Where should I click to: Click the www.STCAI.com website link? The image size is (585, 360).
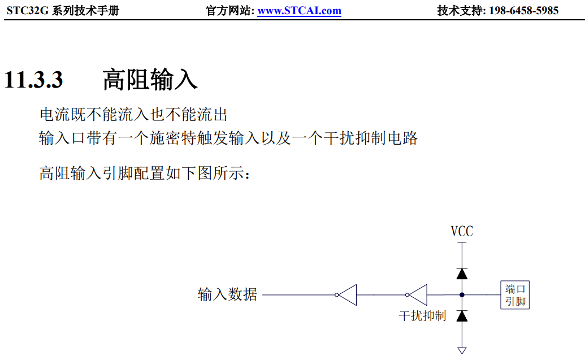click(x=299, y=11)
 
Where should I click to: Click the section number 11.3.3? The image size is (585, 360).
click(x=33, y=80)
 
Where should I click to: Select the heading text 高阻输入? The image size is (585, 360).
click(x=150, y=80)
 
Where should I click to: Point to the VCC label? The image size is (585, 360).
click(x=462, y=231)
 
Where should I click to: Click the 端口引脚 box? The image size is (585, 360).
click(x=515, y=295)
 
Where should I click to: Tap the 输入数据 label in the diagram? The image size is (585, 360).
click(x=227, y=294)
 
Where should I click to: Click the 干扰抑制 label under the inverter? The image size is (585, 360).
click(x=422, y=315)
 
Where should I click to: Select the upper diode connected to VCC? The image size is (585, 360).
click(x=462, y=274)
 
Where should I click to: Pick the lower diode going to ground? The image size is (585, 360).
click(x=462, y=316)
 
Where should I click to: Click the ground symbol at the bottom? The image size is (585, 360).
click(x=462, y=350)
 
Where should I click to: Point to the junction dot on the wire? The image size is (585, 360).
click(x=462, y=295)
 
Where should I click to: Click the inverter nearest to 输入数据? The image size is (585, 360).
click(x=346, y=295)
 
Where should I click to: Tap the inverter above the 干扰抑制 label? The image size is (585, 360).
click(x=417, y=295)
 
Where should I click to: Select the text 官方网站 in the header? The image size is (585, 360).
click(x=228, y=11)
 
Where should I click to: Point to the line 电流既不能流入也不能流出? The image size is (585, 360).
click(x=133, y=115)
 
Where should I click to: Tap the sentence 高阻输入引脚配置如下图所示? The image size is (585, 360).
click(x=144, y=173)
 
